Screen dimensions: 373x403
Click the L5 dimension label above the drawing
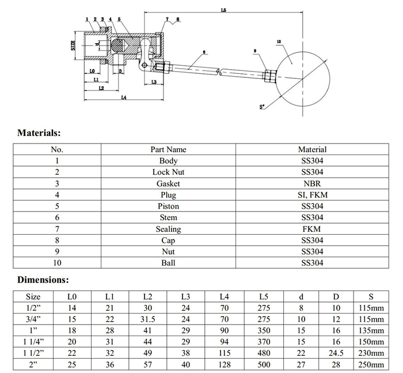pos(223,10)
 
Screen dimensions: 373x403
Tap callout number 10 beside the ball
pos(279,42)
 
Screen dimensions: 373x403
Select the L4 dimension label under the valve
pos(124,97)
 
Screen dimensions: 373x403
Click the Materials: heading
pos(39,133)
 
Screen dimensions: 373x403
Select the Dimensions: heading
pos(43,280)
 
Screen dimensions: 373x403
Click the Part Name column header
pos(168,149)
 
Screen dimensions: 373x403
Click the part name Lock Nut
pos(168,172)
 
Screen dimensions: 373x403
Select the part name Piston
pos(168,206)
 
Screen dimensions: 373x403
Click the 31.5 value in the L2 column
pos(147,319)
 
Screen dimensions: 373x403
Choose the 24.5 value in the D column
pos(337,353)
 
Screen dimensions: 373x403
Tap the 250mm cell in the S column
pos(372,364)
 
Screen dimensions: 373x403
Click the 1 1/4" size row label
pos(33,342)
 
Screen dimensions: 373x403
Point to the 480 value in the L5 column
pos(264,353)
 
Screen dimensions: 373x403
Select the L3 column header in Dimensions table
pos(185,297)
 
